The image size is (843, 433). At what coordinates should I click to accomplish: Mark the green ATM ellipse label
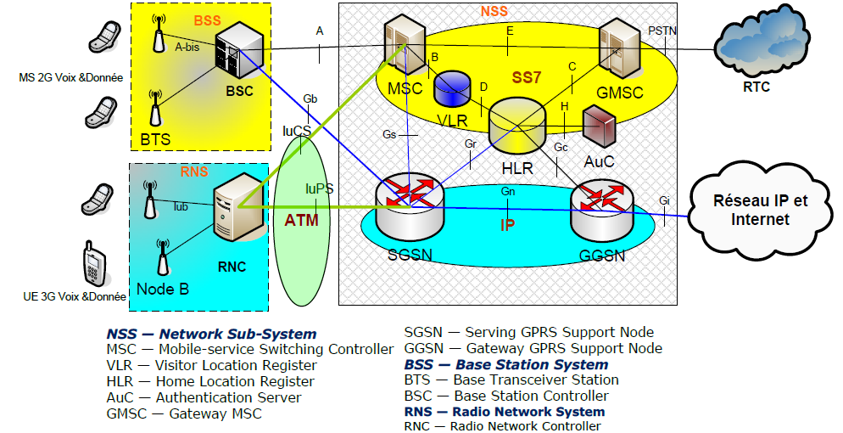pyautogui.click(x=301, y=222)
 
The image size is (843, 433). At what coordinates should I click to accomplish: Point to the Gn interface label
pyautogui.click(x=508, y=192)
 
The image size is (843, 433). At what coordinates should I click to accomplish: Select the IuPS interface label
pyautogui.click(x=319, y=188)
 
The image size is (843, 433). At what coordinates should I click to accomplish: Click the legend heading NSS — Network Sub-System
pyautogui.click(x=211, y=335)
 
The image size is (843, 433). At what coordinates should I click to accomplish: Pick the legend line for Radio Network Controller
pyautogui.click(x=502, y=426)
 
